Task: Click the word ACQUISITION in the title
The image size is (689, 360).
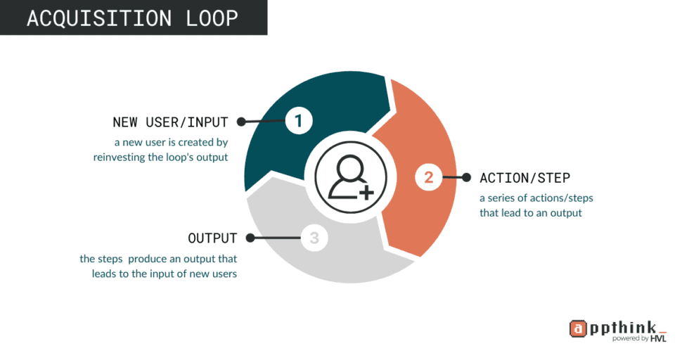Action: coord(101,18)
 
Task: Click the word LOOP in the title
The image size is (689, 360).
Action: coord(210,18)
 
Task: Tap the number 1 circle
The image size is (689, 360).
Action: coord(298,121)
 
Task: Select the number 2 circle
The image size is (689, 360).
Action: coord(428,177)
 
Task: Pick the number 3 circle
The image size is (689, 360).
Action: coord(314,238)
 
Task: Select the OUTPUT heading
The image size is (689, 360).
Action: coord(212,238)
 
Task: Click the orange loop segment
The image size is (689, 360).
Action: coord(415,211)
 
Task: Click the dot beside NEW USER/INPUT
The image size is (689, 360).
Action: coord(241,122)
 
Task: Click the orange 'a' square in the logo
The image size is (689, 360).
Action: coord(578,328)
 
